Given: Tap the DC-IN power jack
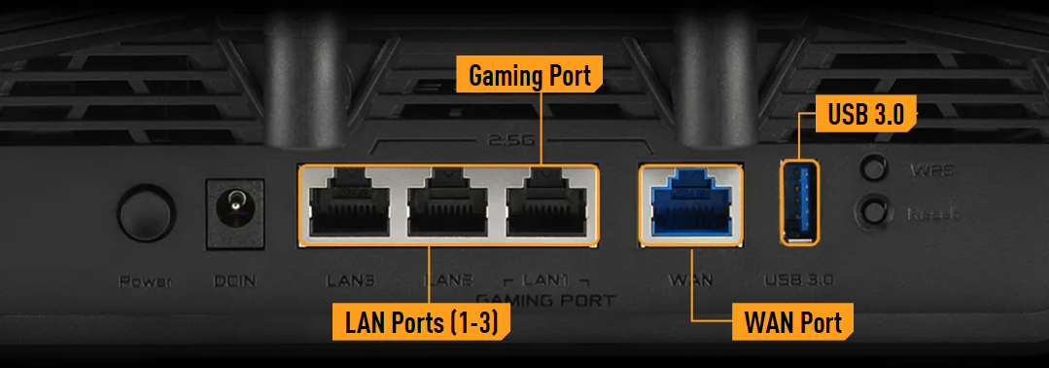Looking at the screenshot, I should pos(232,208).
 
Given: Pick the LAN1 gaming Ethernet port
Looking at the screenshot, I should pos(546,203).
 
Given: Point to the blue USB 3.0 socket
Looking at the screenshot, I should pos(799,202).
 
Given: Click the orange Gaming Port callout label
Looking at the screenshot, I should pos(530,75).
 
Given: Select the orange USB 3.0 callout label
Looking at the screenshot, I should pos(866,114).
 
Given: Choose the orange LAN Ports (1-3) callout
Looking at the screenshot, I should pos(421,322).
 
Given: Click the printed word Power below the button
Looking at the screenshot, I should pos(145,282).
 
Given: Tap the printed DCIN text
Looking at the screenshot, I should pos(233,282).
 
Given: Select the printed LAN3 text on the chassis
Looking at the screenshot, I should pos(351,281).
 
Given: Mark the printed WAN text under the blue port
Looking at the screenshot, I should pos(690,281).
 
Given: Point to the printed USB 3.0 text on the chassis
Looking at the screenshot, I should pos(800,281).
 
